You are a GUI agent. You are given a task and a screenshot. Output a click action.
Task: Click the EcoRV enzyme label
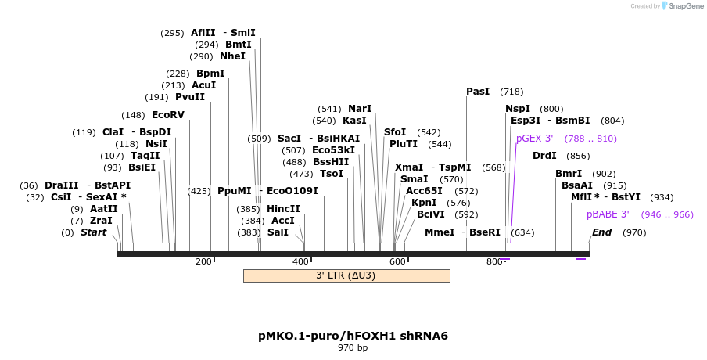point(168,115)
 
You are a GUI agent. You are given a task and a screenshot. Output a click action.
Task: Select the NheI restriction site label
point(232,56)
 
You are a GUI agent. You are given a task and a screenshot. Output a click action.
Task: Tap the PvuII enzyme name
point(190,97)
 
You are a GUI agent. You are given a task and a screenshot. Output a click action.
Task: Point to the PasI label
point(478,92)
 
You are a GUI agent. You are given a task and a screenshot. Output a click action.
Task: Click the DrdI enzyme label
point(544,156)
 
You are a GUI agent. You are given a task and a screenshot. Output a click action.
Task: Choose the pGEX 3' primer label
point(535,139)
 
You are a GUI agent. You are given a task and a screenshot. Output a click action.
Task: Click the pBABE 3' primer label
point(608,214)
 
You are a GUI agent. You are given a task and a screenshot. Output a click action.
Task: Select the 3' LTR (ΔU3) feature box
point(346,275)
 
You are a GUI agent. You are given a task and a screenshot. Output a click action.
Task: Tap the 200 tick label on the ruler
point(203,261)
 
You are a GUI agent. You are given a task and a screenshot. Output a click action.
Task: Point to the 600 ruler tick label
point(397,261)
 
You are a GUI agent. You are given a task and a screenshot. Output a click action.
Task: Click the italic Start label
point(93,232)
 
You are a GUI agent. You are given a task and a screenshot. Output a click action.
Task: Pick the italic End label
point(601,232)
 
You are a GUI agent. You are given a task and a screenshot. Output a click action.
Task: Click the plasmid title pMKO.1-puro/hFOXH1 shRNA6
point(353,336)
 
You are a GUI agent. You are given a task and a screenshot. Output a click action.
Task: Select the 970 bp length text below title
point(353,347)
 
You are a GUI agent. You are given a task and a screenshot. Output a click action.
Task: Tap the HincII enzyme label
point(283,209)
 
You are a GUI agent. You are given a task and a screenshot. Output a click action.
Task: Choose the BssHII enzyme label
point(331,162)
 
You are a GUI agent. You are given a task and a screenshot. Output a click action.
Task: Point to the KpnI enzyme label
point(424,203)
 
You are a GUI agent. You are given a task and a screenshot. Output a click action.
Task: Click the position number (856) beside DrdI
point(578,156)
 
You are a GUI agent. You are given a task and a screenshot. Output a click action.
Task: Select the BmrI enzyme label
point(569,174)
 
